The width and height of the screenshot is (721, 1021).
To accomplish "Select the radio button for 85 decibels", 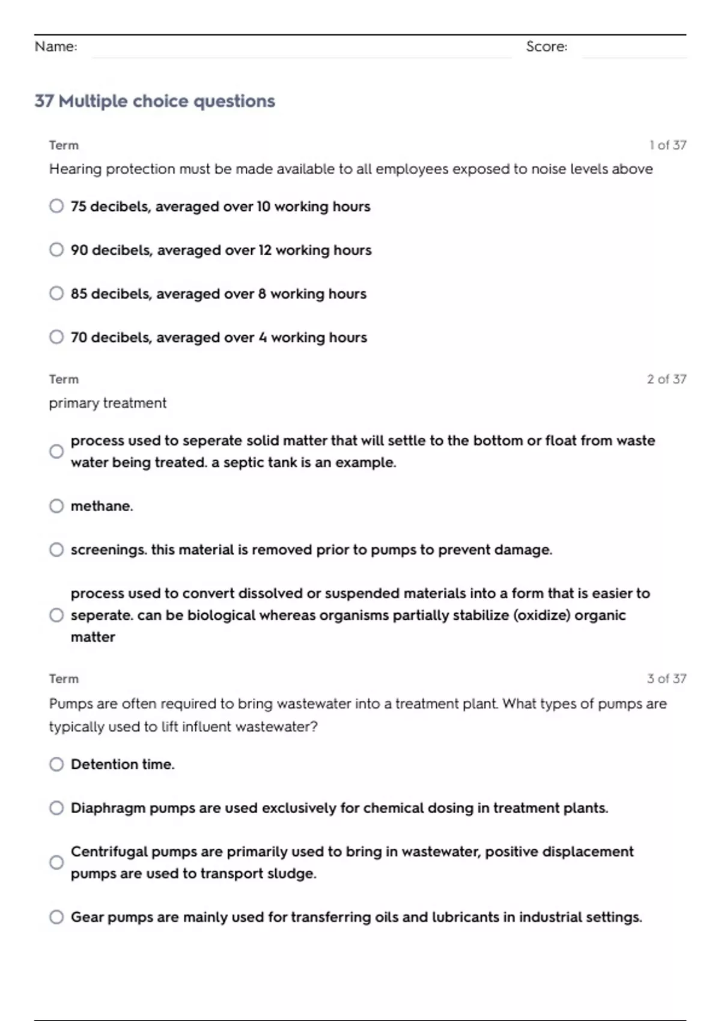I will click(x=56, y=293).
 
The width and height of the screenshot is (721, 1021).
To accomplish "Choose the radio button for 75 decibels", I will click(x=56, y=206).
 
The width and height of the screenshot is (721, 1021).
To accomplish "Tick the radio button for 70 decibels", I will click(x=56, y=337).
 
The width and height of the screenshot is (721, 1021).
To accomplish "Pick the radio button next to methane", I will click(x=56, y=506).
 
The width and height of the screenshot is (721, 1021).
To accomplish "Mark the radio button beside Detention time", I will click(x=56, y=764).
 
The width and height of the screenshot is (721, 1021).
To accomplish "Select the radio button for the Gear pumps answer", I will click(x=56, y=917).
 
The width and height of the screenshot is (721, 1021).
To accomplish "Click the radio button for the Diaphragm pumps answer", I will click(x=56, y=808).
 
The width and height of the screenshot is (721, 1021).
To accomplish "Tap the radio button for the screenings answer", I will click(x=56, y=550).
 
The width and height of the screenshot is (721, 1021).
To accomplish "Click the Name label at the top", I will click(x=56, y=47).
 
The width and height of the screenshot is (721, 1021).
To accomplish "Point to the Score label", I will click(x=546, y=47).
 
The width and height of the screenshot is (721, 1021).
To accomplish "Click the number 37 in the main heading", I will click(x=44, y=101).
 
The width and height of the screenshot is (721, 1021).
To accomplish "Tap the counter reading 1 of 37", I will click(x=668, y=145).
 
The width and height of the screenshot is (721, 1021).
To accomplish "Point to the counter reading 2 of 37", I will click(x=666, y=379).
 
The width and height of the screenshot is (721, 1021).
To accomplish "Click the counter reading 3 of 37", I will click(x=666, y=679).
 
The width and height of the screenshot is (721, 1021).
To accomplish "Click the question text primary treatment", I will click(x=108, y=403).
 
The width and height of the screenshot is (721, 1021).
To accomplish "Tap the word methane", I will click(x=101, y=506).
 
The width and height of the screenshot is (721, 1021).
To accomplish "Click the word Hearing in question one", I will click(x=75, y=169).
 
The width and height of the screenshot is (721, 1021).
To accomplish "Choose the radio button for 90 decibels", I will click(x=56, y=249).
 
